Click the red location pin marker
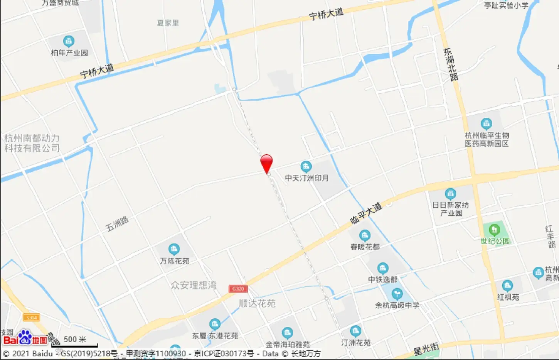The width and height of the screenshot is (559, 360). (x=266, y=163)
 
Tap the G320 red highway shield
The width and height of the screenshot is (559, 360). (x=238, y=289)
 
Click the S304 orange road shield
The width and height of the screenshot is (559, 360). (x=31, y=318)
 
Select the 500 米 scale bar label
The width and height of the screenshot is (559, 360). (x=75, y=339)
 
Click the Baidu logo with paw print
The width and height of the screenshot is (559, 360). (x=25, y=338)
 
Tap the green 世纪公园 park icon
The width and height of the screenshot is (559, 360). (x=494, y=230)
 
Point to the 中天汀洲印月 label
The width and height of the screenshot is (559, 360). (x=306, y=178)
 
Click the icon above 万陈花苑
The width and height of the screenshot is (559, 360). (x=174, y=249)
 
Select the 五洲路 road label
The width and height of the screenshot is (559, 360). (x=117, y=224)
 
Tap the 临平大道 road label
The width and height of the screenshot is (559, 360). (x=366, y=213)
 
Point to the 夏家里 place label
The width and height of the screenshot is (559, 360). (x=168, y=23)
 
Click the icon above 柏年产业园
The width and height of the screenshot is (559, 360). (x=69, y=41)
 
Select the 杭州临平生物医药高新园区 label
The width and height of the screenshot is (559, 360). (x=487, y=139)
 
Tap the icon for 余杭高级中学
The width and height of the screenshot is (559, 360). (x=397, y=294)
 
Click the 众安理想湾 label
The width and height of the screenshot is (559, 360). (x=194, y=285)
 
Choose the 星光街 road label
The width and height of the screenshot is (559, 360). (x=426, y=350)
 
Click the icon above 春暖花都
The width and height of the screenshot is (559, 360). (x=365, y=235)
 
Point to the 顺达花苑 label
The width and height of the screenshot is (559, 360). (x=257, y=304)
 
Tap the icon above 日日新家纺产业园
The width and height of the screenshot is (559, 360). (x=450, y=194)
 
